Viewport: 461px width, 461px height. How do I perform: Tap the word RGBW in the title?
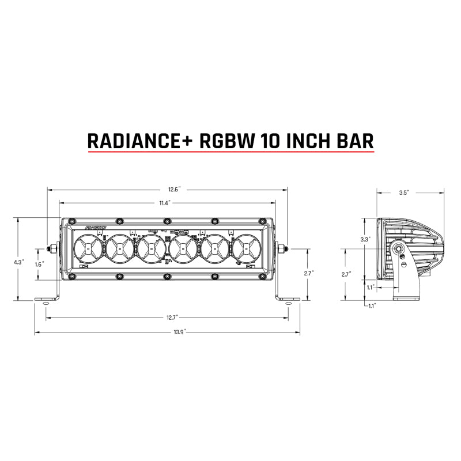click(224, 140)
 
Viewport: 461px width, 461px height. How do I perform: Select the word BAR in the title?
click(354, 140)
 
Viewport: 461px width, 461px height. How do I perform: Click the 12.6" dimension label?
click(167, 189)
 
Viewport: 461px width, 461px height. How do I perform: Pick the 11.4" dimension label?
click(167, 202)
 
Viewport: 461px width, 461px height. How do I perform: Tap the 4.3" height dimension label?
click(18, 261)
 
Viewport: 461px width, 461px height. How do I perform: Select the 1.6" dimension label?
click(39, 264)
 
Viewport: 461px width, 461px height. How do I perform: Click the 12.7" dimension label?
click(167, 317)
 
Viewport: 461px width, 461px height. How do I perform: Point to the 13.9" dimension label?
click(167, 332)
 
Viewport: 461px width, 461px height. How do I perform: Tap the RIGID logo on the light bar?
click(96, 229)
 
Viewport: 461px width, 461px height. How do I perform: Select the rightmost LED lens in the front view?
click(246, 249)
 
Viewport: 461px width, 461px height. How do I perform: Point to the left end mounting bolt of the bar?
click(52, 249)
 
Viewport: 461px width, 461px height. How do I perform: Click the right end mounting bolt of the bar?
click(282, 249)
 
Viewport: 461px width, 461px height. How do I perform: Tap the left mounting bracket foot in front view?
click(46, 300)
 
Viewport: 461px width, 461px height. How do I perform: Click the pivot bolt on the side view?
click(399, 249)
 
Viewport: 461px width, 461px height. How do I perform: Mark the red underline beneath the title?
click(231, 153)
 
